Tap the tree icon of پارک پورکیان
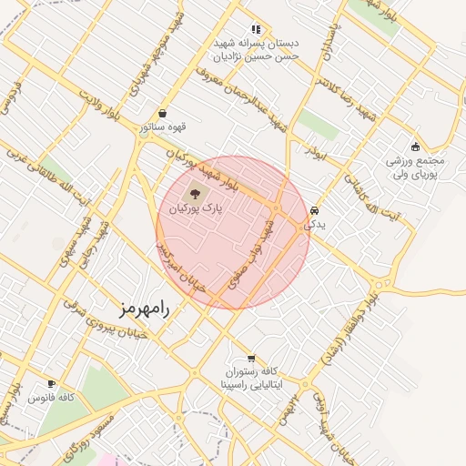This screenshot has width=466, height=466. (193, 193)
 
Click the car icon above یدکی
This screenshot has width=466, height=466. (314, 208)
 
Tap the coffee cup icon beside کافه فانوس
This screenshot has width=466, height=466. (52, 383)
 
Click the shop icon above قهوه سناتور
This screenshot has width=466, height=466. (162, 113)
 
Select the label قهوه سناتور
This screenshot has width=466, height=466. (162, 127)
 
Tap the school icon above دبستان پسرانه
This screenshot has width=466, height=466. (256, 29)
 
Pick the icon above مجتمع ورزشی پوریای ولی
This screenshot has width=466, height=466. (416, 147)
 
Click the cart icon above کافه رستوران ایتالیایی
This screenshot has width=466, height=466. (252, 357)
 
